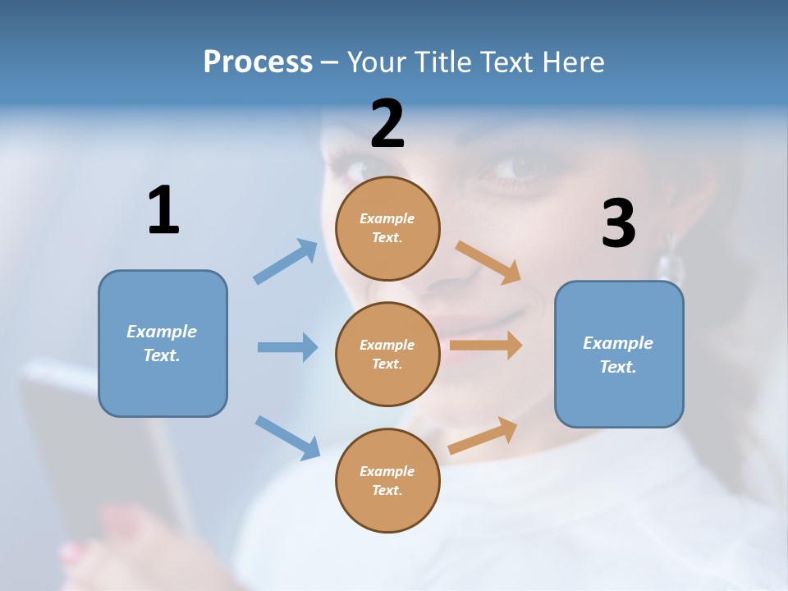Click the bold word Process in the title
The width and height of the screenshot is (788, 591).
258,62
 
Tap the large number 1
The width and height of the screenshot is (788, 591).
163,211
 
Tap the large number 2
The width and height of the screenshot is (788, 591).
387,124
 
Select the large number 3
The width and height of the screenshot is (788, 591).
618,223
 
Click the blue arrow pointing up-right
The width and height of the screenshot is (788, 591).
286,261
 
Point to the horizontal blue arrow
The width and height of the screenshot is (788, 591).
287,347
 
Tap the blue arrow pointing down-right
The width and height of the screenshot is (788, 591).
287,437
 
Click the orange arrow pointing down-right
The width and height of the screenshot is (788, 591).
488,262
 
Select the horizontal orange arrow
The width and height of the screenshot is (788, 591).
486,346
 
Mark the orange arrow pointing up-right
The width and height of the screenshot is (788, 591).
483,435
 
